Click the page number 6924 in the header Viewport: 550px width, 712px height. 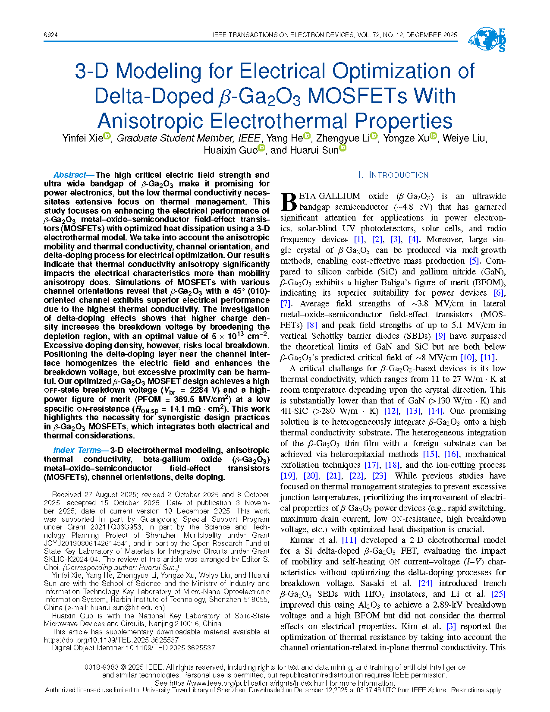[x=50, y=35]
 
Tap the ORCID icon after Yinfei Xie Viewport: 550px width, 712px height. [x=107, y=136]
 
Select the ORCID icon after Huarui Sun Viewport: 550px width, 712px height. [x=343, y=148]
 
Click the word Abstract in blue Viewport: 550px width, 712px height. [x=69, y=175]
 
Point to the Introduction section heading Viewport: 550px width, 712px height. [x=393, y=175]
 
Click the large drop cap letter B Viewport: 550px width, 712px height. [x=289, y=202]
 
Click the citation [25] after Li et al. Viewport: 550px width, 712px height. [x=498, y=594]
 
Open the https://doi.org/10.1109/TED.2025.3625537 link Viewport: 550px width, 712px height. [x=111, y=640]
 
